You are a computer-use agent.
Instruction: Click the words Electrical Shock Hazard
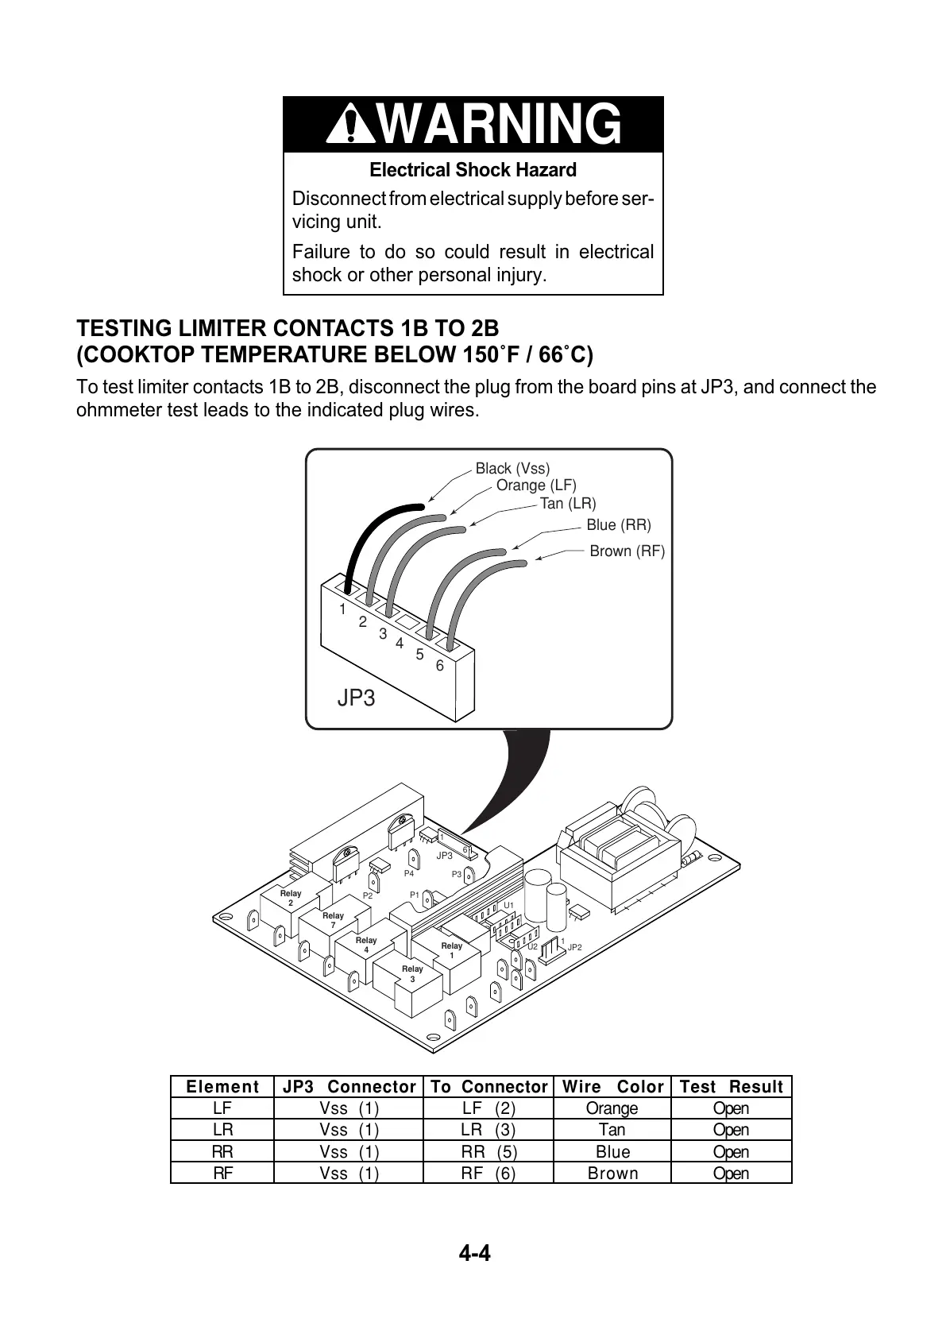[473, 170]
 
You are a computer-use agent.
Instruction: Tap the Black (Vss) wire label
[512, 469]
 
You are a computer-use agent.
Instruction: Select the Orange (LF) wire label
[536, 485]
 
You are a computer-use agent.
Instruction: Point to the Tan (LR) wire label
[567, 504]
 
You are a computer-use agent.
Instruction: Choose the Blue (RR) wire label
[618, 525]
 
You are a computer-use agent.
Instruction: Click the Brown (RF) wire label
[627, 551]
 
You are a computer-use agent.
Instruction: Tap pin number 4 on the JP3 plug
[400, 643]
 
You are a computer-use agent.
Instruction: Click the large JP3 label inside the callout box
[356, 698]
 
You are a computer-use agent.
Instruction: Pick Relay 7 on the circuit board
[333, 920]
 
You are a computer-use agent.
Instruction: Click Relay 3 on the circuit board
[412, 974]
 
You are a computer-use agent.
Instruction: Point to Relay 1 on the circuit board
[452, 950]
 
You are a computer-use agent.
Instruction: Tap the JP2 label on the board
[575, 948]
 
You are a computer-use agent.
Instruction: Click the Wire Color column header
[612, 1087]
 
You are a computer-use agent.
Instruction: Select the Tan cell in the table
[612, 1130]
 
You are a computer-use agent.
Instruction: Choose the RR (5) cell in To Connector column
[488, 1152]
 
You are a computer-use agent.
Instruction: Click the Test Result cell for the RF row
[731, 1174]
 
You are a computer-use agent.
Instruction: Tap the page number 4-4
[474, 1254]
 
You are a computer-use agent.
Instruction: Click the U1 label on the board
[509, 905]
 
